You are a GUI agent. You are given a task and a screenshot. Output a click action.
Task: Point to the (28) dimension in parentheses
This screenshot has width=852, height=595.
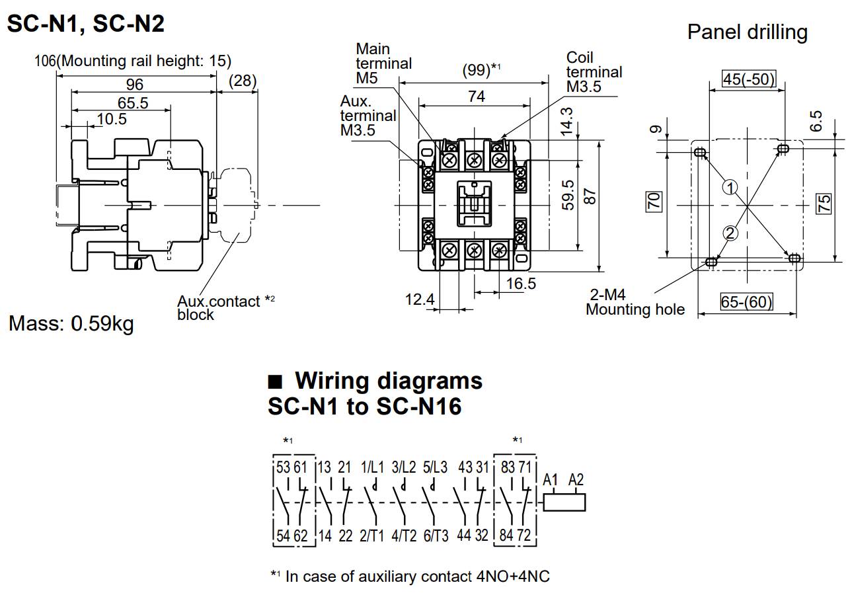click(243, 81)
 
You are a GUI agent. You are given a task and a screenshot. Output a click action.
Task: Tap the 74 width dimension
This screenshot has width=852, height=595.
click(476, 97)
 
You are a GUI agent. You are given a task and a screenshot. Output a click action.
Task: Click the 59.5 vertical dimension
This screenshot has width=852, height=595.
click(567, 196)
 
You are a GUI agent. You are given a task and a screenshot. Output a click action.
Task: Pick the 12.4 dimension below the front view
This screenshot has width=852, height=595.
click(420, 300)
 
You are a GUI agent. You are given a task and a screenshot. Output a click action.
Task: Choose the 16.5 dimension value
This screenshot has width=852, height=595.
click(521, 284)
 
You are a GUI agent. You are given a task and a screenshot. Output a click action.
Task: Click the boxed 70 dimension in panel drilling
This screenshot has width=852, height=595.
click(654, 201)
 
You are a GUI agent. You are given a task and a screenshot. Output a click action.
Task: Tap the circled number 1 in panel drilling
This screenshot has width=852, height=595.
click(730, 187)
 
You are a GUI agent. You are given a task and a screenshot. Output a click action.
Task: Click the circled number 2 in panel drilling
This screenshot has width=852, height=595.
click(730, 233)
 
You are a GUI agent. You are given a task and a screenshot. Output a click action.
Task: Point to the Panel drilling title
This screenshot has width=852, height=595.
click(747, 32)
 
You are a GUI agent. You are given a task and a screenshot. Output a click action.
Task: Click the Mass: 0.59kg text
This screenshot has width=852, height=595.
click(71, 324)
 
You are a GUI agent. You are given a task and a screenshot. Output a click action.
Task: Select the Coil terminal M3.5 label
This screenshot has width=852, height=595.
click(594, 72)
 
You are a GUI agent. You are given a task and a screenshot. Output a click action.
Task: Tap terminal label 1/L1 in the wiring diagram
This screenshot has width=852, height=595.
click(372, 467)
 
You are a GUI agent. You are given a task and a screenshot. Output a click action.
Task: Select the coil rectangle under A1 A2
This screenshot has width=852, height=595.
click(564, 502)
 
